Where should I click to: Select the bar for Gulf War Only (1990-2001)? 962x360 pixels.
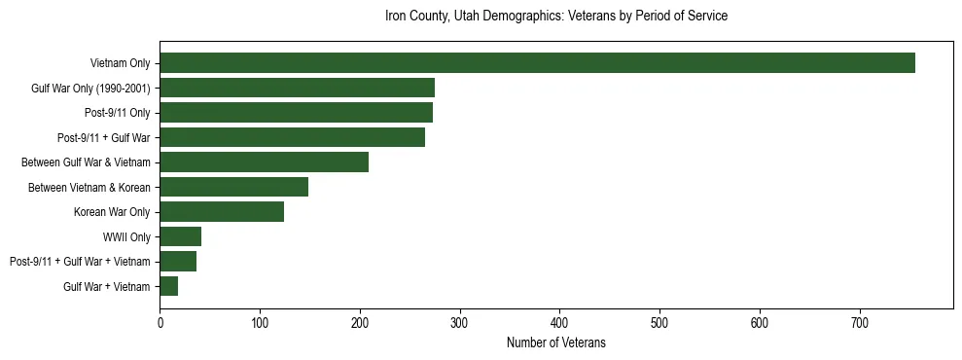(297, 88)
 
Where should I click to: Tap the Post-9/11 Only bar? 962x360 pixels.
(296, 113)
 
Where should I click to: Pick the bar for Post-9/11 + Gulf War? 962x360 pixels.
(292, 137)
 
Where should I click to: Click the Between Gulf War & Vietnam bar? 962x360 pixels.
(264, 162)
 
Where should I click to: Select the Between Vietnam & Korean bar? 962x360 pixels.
(233, 187)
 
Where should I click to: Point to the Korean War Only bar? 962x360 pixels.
(222, 211)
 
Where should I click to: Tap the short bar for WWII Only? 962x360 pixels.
(180, 236)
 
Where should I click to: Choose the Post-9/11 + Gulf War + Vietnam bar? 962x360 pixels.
(178, 261)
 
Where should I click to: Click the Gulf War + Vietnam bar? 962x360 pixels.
(169, 286)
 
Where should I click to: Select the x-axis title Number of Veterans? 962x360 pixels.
(555, 342)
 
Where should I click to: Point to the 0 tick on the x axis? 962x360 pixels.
(160, 322)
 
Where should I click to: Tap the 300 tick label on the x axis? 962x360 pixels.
(460, 322)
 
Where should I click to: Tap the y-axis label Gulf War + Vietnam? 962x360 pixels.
(107, 286)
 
